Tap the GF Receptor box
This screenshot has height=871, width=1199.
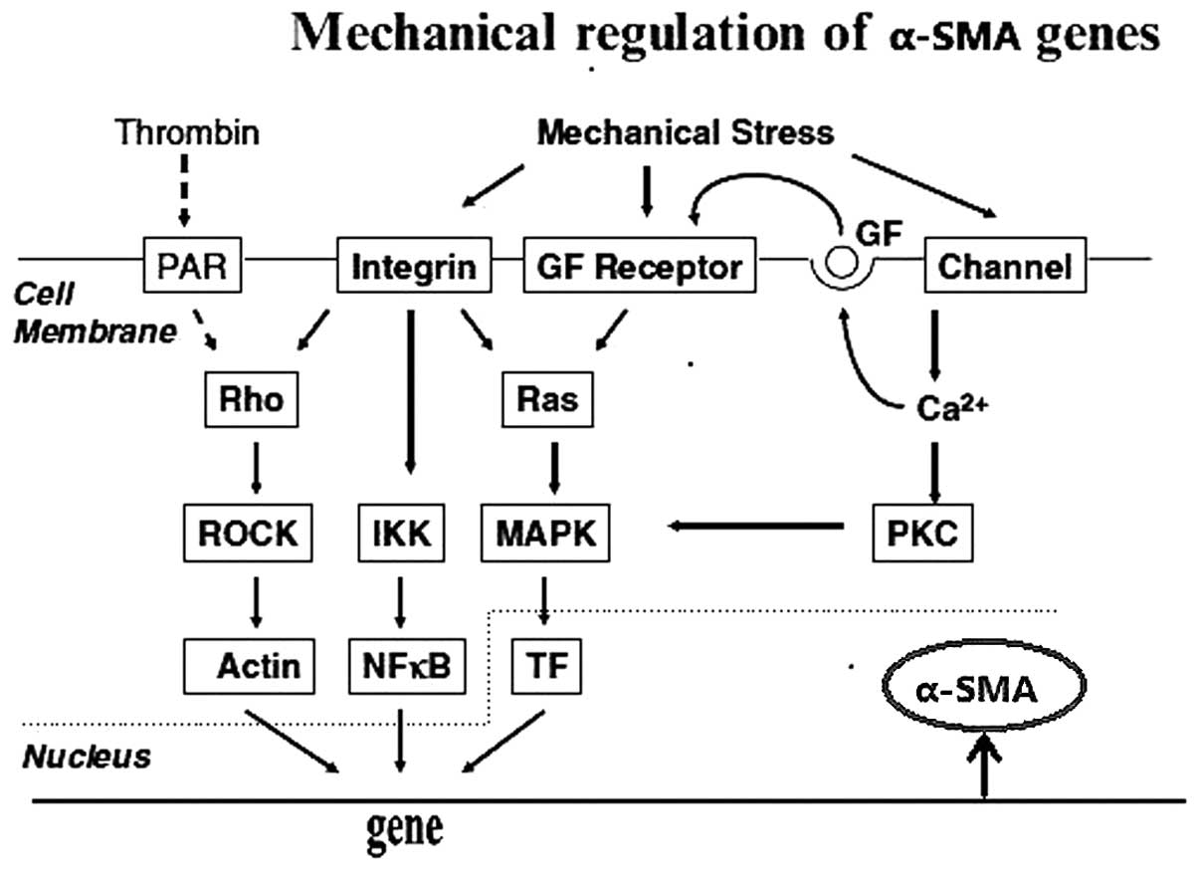tap(640, 267)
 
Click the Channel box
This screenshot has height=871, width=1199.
tap(1005, 267)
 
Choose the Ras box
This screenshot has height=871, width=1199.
tap(547, 400)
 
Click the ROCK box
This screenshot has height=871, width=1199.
tap(248, 534)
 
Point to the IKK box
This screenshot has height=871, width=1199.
tap(401, 534)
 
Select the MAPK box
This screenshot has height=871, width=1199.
tap(545, 534)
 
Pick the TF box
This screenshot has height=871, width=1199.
tap(546, 664)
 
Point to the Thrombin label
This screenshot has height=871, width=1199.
tap(187, 132)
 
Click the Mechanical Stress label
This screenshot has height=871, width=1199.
tap(685, 132)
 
